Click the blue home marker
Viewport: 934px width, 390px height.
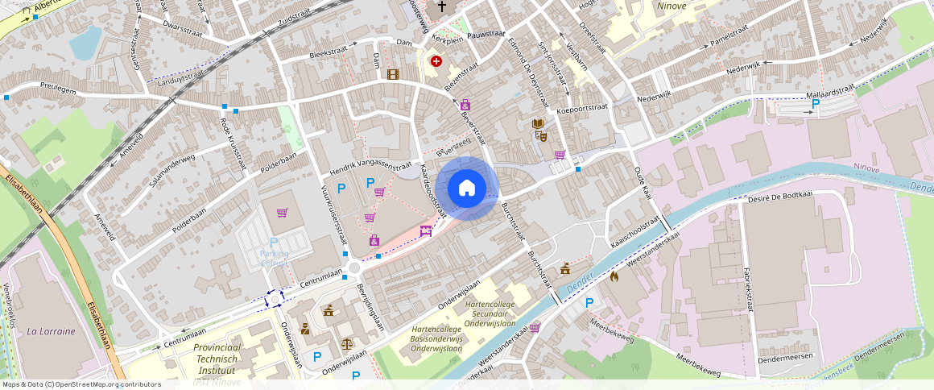tap(466, 189)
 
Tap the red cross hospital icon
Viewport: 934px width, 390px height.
tap(436, 60)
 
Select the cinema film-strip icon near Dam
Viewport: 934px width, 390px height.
tap(392, 75)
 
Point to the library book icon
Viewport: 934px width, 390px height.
tap(538, 123)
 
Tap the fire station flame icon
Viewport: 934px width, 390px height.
tap(614, 277)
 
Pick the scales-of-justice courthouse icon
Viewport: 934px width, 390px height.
tap(346, 342)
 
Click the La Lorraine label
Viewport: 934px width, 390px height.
tap(51, 331)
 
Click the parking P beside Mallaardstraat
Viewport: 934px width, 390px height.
tap(816, 103)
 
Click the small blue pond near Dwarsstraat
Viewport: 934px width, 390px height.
tap(85, 44)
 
